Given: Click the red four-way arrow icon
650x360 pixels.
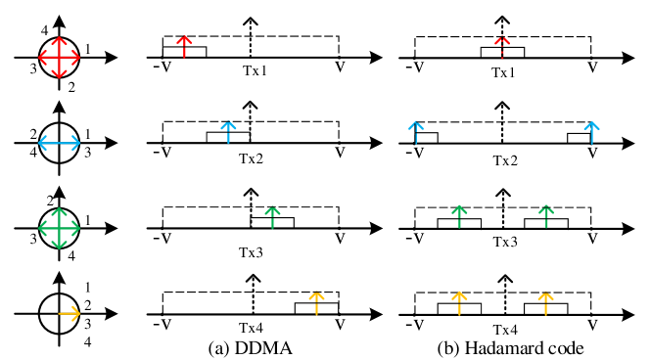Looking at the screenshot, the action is pyautogui.click(x=59, y=58).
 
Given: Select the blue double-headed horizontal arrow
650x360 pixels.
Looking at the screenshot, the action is pyautogui.click(x=59, y=143).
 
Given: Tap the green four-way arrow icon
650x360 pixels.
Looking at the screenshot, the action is pyautogui.click(x=59, y=228).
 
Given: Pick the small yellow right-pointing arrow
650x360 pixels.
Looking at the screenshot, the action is pyautogui.click(x=70, y=313).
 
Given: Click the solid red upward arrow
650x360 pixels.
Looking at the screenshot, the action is pyautogui.click(x=184, y=46).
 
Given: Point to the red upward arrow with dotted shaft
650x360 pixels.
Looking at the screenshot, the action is pyautogui.click(x=502, y=47).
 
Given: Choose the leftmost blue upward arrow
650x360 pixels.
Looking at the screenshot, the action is pyautogui.click(x=228, y=132).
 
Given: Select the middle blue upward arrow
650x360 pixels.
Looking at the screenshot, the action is pyautogui.click(x=416, y=132).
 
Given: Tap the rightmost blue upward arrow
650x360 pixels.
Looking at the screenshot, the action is pyautogui.click(x=591, y=132).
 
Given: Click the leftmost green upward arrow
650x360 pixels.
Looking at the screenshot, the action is pyautogui.click(x=272, y=216).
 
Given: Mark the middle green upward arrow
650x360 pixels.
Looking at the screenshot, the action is pyautogui.click(x=459, y=216).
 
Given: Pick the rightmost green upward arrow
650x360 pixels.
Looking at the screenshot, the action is pyautogui.click(x=546, y=216).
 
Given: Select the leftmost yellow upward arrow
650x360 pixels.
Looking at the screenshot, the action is pyautogui.click(x=316, y=302).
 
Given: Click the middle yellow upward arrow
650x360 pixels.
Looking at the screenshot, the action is pyautogui.click(x=459, y=302).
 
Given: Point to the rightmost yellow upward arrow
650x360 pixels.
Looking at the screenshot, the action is pyautogui.click(x=545, y=302).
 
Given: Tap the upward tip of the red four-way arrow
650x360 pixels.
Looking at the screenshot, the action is pyautogui.click(x=59, y=39).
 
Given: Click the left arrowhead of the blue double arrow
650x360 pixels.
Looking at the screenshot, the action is pyautogui.click(x=40, y=143).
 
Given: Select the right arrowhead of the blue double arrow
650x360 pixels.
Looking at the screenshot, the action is pyautogui.click(x=77, y=143).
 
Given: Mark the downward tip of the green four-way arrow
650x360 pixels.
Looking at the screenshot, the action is pyautogui.click(x=59, y=247).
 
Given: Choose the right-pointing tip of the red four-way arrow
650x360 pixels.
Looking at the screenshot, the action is pyautogui.click(x=77, y=58).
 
